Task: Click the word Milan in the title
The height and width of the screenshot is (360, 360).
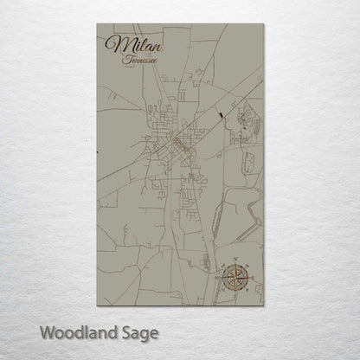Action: (126, 44)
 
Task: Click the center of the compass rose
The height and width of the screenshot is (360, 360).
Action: (234, 278)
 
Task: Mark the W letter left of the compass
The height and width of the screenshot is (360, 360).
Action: (217, 278)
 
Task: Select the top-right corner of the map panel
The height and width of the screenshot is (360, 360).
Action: (263, 24)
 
